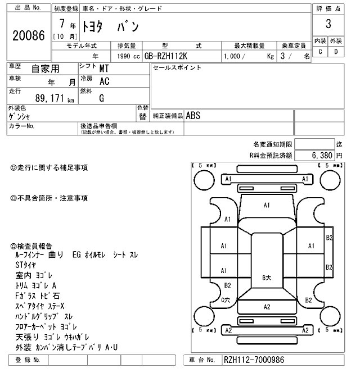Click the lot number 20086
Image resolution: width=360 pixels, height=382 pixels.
28,35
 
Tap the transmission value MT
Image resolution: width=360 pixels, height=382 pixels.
104,69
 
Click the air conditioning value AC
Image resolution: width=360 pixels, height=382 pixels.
104,81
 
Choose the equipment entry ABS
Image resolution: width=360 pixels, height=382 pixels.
193,115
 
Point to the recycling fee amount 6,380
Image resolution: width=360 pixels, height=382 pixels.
322,154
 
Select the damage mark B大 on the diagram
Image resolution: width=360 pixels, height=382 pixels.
267,277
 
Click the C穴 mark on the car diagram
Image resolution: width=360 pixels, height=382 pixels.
226,301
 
